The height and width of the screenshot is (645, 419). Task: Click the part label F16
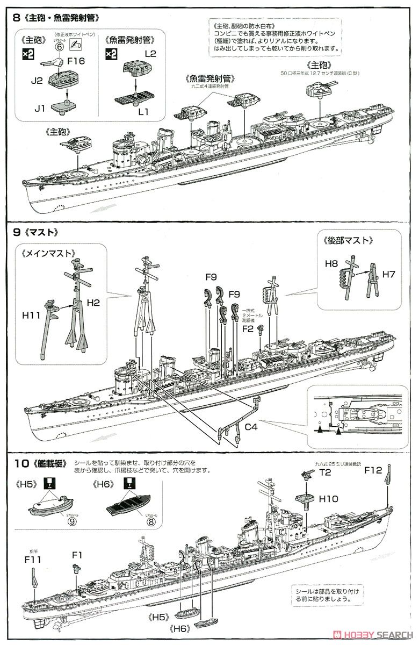click(76, 61)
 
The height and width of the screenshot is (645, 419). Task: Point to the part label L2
click(150, 54)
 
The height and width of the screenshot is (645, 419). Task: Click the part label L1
click(143, 111)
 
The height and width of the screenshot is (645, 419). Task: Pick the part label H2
click(93, 303)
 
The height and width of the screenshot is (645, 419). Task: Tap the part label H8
click(331, 264)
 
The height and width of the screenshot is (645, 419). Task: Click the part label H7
click(389, 274)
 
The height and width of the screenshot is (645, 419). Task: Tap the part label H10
click(328, 499)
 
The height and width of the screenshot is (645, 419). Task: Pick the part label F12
click(373, 470)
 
